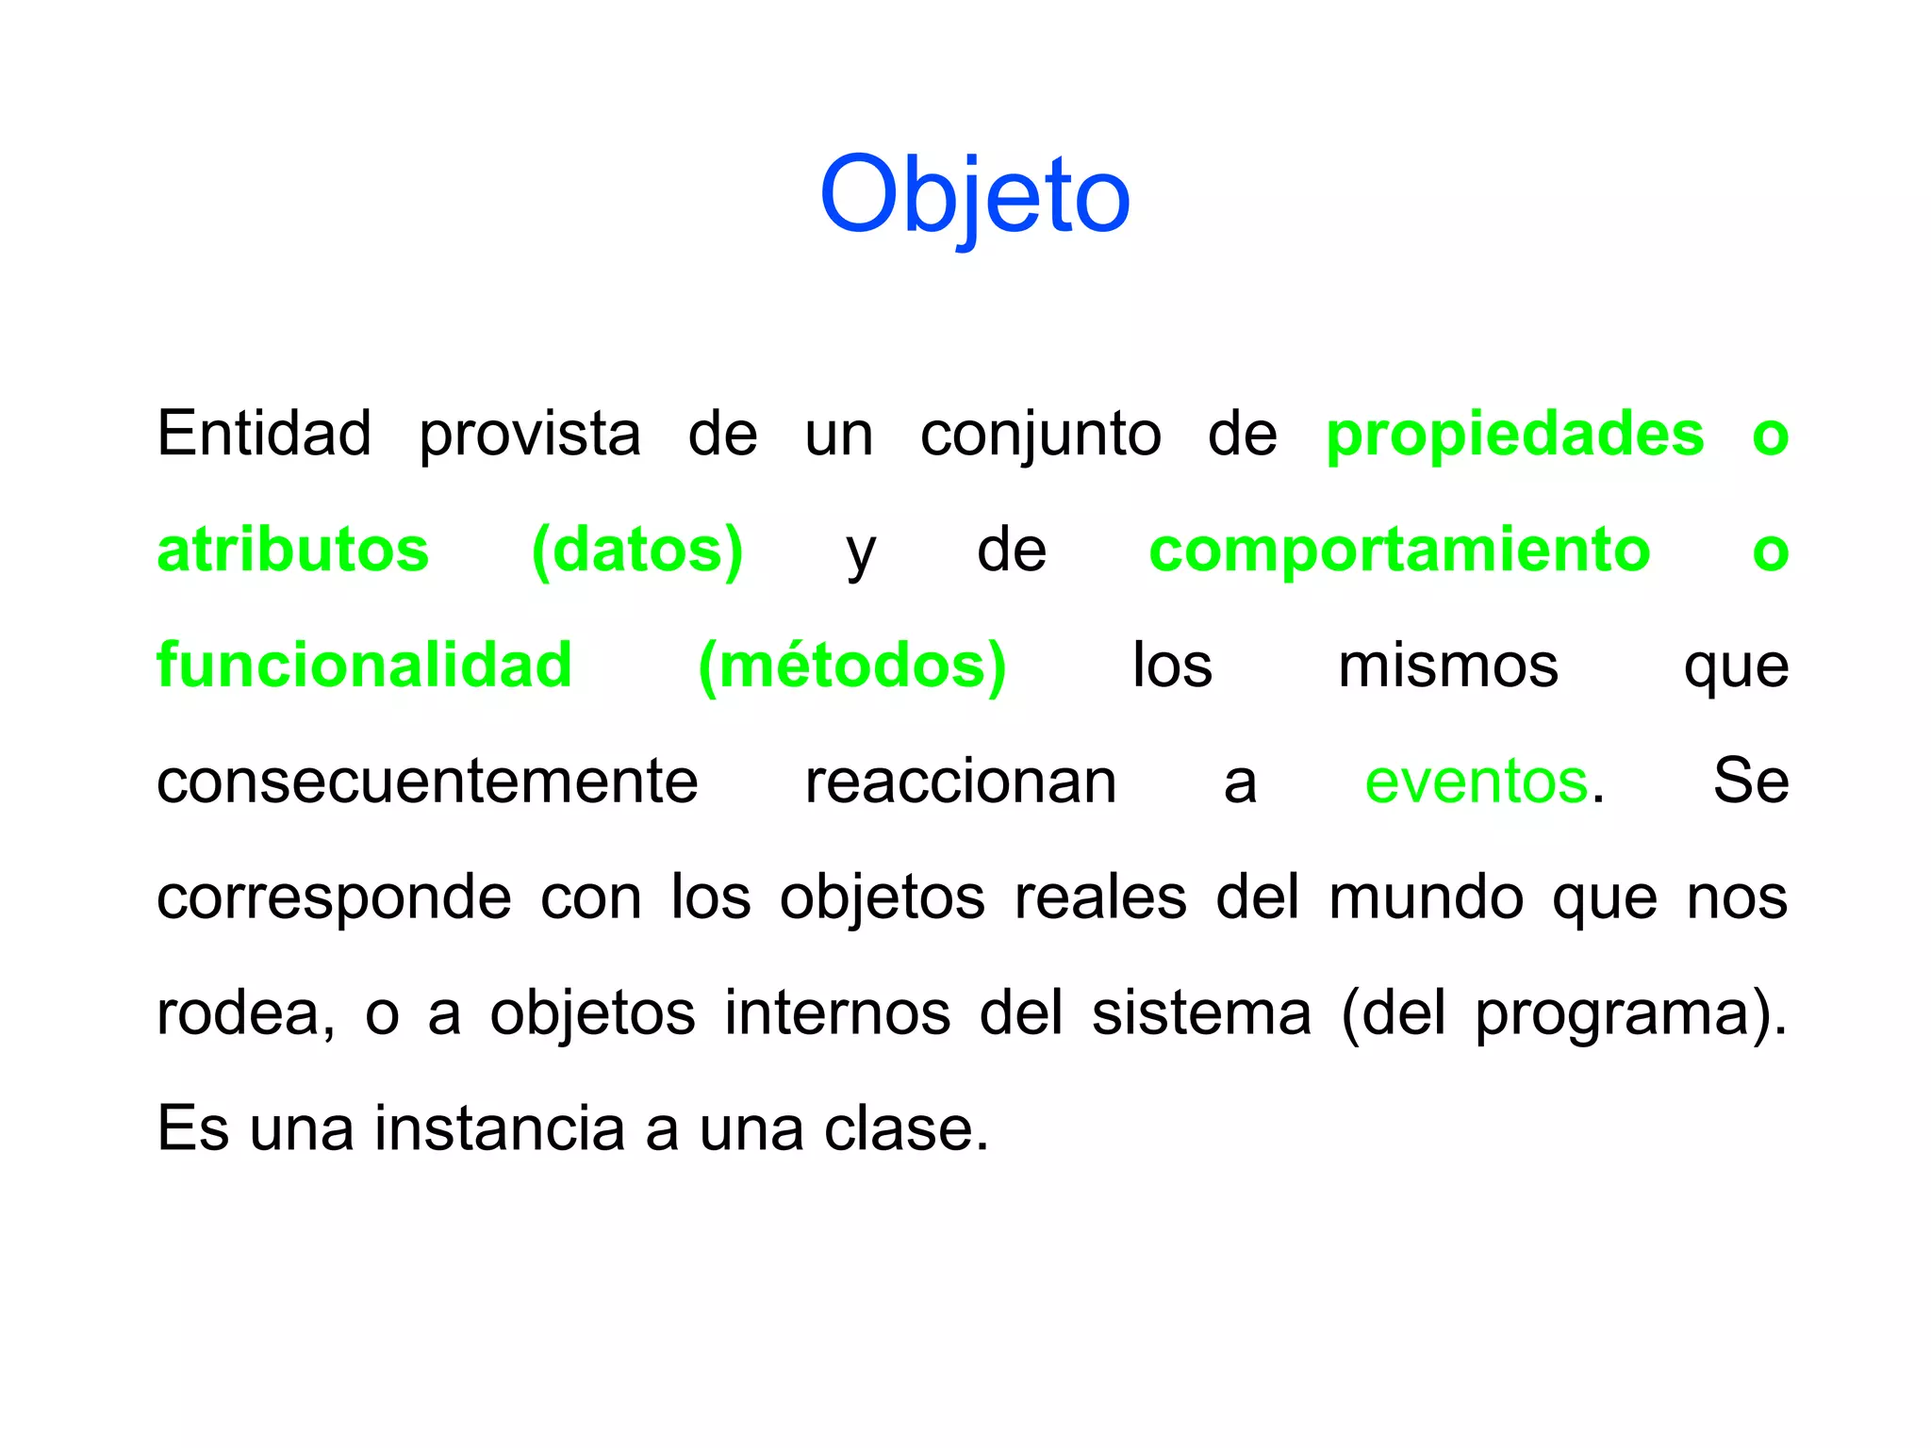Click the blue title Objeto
tap(974, 195)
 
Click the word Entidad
tap(264, 434)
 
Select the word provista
tap(529, 436)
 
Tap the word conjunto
tap(1040, 436)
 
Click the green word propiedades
tap(1514, 436)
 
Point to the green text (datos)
tap(637, 551)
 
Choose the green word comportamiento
tap(1399, 551)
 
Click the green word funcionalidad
tap(364, 666)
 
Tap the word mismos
tap(1447, 666)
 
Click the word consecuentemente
tap(427, 782)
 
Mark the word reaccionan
tap(960, 782)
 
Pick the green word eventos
tap(1476, 782)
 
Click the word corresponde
tap(334, 898)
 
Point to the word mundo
tap(1426, 897)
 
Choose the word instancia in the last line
tap(500, 1128)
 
